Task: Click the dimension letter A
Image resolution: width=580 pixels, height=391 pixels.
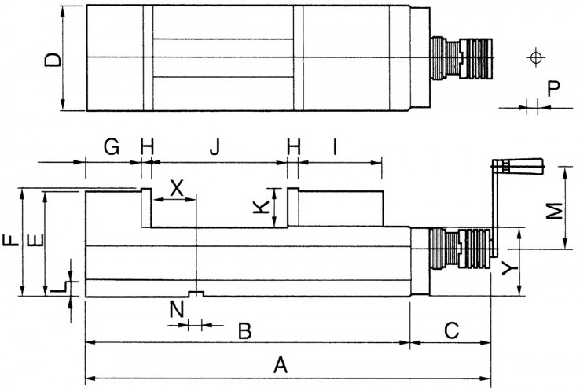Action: point(281,365)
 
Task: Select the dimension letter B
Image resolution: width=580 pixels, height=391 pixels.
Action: point(245,331)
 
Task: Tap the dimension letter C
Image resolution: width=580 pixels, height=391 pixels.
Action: point(451,330)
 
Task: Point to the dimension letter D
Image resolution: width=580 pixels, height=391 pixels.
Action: point(53,60)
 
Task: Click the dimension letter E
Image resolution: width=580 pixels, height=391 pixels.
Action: point(36,240)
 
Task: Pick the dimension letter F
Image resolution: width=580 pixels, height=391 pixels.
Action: point(11,240)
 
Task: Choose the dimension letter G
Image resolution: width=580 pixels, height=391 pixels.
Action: point(112,147)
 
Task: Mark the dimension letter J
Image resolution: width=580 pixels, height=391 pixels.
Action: point(215,147)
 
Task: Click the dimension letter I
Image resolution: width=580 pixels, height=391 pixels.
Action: point(335,147)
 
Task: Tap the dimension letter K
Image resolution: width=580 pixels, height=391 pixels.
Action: point(261,207)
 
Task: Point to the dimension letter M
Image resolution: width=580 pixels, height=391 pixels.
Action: point(555,211)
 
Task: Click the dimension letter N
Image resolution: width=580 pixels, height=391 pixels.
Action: point(177,309)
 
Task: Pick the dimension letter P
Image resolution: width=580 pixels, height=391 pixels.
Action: point(554,88)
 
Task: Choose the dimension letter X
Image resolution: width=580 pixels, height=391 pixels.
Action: point(177,188)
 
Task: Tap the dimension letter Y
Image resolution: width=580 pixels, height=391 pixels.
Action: point(510,267)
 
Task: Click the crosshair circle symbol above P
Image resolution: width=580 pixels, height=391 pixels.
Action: point(535,57)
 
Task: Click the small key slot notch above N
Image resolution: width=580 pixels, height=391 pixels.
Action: point(196,294)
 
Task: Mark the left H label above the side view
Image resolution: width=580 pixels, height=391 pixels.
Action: point(146,147)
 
